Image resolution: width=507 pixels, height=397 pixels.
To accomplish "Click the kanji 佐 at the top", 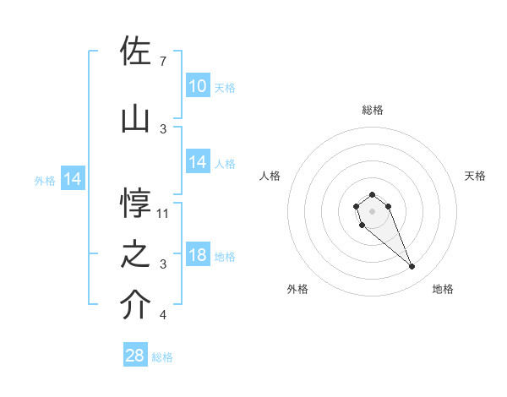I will (137, 52).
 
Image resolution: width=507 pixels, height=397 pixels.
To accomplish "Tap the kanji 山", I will (137, 119).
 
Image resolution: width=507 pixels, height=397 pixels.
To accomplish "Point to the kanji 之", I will (137, 255).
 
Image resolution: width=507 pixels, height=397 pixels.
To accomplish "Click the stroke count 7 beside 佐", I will (162, 62).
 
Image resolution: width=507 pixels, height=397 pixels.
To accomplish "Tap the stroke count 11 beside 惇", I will (164, 214).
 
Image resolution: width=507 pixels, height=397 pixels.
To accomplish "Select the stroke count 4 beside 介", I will (162, 316).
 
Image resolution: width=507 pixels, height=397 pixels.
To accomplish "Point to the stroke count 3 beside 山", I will (162, 129).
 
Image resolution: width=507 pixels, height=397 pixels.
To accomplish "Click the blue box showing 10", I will (198, 86).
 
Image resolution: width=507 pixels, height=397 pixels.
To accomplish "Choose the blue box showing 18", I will (198, 256).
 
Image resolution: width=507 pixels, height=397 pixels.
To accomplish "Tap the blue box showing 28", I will (135, 356).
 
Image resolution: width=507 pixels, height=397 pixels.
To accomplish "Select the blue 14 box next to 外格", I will (72, 179).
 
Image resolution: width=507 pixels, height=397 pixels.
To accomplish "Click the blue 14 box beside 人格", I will (198, 163).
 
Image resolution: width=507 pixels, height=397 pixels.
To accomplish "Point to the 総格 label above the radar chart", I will (373, 110).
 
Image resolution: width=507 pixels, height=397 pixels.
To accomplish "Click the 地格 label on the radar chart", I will (443, 289).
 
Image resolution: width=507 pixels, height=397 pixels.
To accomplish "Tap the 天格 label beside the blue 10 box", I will (225, 88).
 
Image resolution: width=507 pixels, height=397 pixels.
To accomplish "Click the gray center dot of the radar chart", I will (372, 209).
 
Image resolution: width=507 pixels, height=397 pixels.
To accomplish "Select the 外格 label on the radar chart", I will (297, 289).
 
